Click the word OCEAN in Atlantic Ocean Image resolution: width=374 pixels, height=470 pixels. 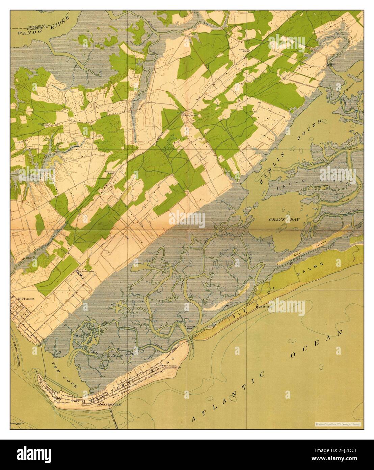[x=316, y=344]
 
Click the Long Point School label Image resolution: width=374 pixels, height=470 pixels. [x=47, y=124]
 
